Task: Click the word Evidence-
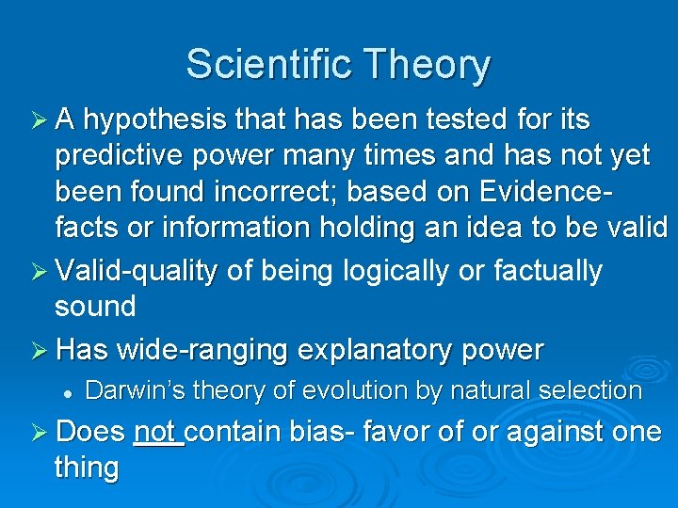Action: [544, 192]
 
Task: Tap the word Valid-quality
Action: [137, 271]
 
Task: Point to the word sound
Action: [95, 306]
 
